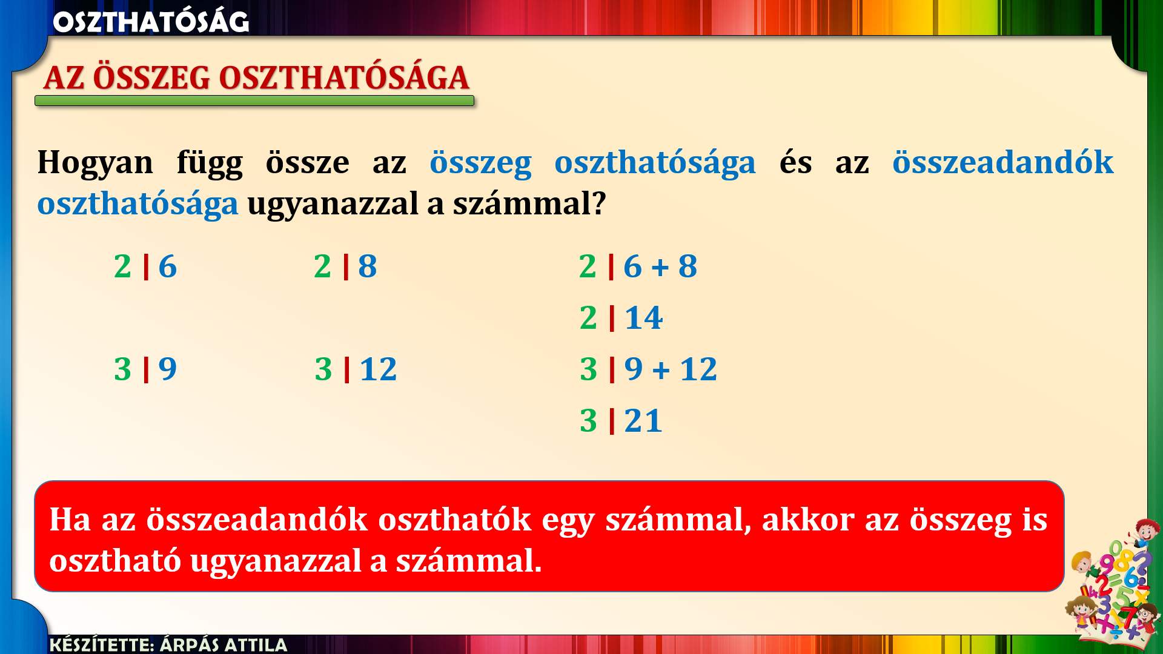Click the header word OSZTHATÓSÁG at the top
coord(151,22)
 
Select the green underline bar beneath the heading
coord(254,101)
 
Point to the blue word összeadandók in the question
coord(1003,162)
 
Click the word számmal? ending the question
coord(529,203)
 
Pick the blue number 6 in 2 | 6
coord(168,266)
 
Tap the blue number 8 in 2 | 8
coord(368,266)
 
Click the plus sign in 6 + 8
coord(660,267)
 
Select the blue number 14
coord(644,318)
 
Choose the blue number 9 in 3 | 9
coord(168,369)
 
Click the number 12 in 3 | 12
coord(379,369)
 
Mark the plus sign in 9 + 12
coord(661,370)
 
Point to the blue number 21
coord(643,421)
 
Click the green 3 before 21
coord(589,421)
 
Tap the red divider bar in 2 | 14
coord(612,318)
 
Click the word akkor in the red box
coord(807,520)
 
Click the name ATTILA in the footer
coord(255,644)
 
